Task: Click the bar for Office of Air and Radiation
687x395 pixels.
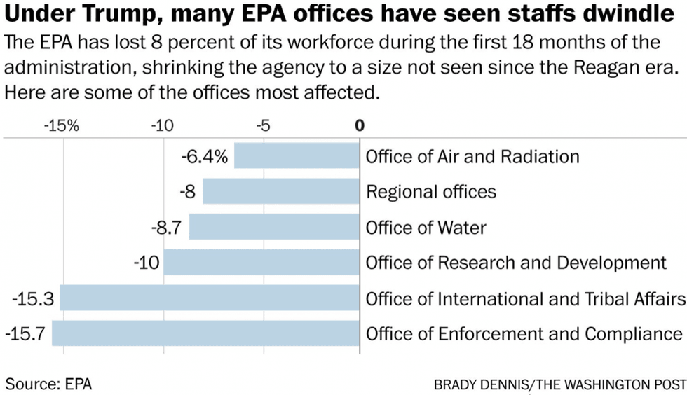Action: point(297,156)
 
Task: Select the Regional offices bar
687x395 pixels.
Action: point(281,191)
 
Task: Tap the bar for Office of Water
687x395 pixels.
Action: point(274,227)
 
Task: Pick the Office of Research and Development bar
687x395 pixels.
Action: point(261,263)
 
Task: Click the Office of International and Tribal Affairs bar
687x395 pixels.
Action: point(210,298)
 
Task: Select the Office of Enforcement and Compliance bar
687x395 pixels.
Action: point(205,333)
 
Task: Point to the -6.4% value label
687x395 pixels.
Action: point(205,156)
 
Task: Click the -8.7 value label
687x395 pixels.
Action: point(167,227)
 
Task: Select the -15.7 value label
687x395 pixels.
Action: point(25,334)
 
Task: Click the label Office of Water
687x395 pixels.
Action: point(426,227)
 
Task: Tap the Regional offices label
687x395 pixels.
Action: point(431,191)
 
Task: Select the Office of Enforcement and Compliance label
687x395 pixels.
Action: point(524,334)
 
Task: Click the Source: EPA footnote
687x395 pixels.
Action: point(48,383)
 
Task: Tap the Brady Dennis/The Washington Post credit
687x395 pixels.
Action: point(559,384)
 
